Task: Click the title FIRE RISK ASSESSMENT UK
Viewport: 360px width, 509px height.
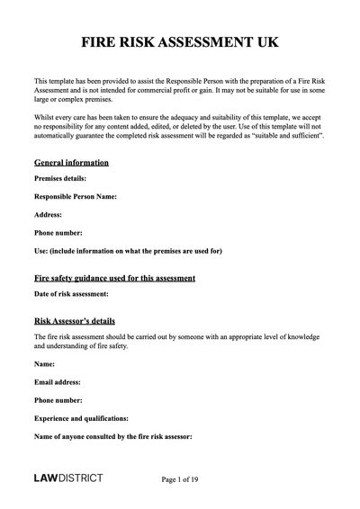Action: click(179, 42)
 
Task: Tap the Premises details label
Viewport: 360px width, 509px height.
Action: click(59, 178)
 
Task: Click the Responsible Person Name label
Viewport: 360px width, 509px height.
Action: click(76, 196)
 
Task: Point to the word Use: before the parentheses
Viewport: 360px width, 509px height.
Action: click(42, 250)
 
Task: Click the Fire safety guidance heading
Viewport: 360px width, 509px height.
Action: click(114, 278)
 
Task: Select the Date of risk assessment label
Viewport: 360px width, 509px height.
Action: click(71, 293)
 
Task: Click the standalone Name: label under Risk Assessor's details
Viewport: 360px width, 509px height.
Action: click(44, 364)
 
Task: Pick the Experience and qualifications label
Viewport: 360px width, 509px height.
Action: click(81, 418)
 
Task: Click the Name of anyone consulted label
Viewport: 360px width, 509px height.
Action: click(112, 436)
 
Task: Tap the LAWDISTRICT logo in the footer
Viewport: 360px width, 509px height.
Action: click(68, 478)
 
